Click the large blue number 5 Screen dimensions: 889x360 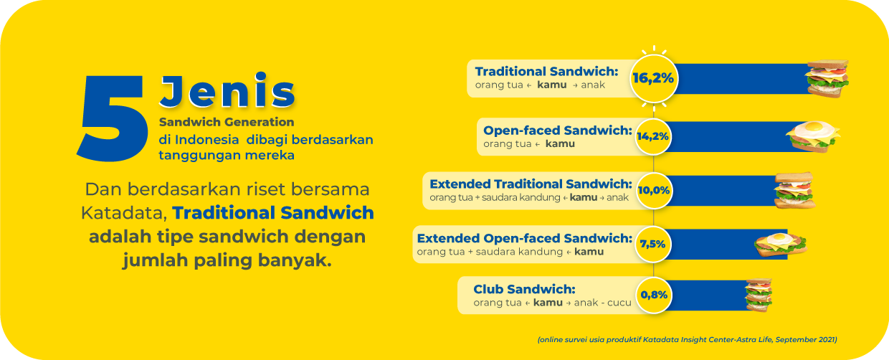click(111, 118)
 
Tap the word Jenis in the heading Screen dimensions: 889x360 click(227, 90)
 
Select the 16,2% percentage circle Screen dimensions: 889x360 click(654, 79)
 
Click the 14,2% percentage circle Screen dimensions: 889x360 click(653, 136)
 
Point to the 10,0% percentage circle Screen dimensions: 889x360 click(653, 191)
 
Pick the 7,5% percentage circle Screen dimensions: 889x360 click(653, 244)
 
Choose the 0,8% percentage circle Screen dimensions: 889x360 click(653, 295)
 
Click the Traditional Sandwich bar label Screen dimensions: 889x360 click(546, 72)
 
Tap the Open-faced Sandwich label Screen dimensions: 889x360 click(558, 131)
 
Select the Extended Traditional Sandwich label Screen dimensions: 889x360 click(531, 184)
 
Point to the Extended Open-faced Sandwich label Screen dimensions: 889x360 click(525, 238)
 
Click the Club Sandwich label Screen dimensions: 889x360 click(524, 289)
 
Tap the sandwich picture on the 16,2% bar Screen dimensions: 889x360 click(827, 79)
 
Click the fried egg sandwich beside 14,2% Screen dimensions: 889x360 click(813, 136)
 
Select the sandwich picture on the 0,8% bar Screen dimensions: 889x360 click(759, 295)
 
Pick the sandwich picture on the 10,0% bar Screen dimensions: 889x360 click(794, 191)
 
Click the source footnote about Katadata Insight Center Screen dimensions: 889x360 click(688, 340)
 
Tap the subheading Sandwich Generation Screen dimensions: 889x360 click(227, 122)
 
